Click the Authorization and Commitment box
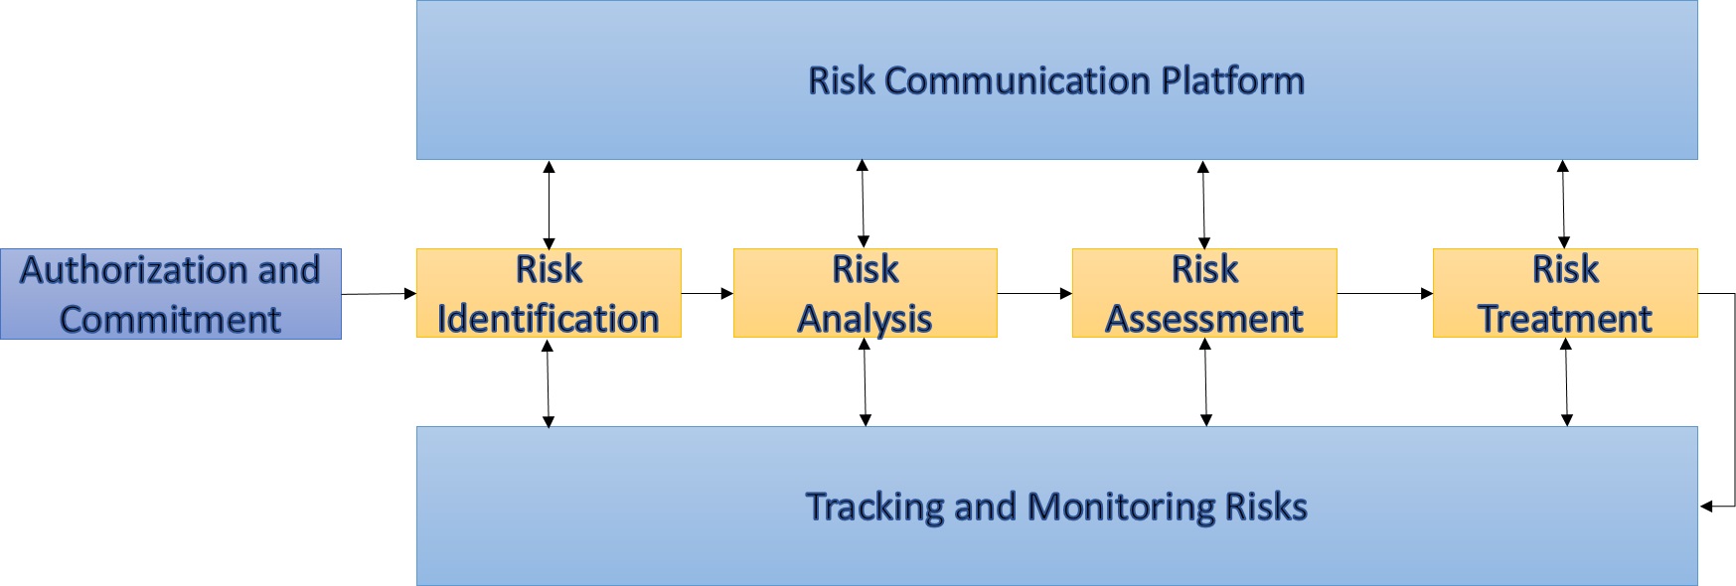pyautogui.click(x=171, y=294)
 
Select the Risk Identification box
pyautogui.click(x=549, y=293)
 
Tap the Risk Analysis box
pyautogui.click(x=865, y=293)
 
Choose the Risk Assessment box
pyautogui.click(x=1204, y=293)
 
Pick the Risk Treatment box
pyautogui.click(x=1565, y=293)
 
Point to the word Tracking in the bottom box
pyautogui.click(x=873, y=508)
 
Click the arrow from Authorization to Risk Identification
pyautogui.click(x=379, y=293)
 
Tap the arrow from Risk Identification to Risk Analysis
pyautogui.click(x=708, y=293)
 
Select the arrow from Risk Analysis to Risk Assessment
pyautogui.click(x=1034, y=293)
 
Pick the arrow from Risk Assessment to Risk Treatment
pyautogui.click(x=1385, y=293)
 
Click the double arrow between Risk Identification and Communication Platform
pyautogui.click(x=549, y=204)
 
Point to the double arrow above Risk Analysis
pyautogui.click(x=863, y=204)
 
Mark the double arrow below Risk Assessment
pyautogui.click(x=1205, y=382)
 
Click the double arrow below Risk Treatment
pyautogui.click(x=1566, y=382)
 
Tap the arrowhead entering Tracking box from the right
pyautogui.click(x=1705, y=507)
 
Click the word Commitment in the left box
pyautogui.click(x=170, y=319)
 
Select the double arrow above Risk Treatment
pyautogui.click(x=1563, y=204)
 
